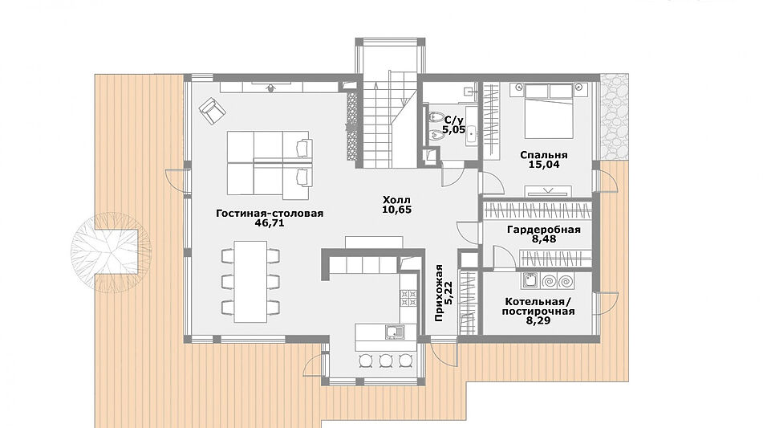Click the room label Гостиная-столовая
tap(270, 214)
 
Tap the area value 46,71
tap(269, 223)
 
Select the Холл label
tap(396, 200)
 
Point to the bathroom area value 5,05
tap(453, 130)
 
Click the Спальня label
tap(543, 155)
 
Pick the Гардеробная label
tap(543, 230)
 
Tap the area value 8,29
tap(538, 321)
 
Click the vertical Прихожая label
tap(440, 293)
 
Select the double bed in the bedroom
tap(550, 111)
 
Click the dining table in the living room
tap(250, 281)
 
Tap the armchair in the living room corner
tap(212, 111)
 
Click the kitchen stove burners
tap(408, 297)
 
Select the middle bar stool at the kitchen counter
tap(385, 361)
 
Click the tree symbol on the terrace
tap(111, 253)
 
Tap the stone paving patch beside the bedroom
tap(614, 117)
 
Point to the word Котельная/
tap(538, 301)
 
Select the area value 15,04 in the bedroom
tap(544, 165)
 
